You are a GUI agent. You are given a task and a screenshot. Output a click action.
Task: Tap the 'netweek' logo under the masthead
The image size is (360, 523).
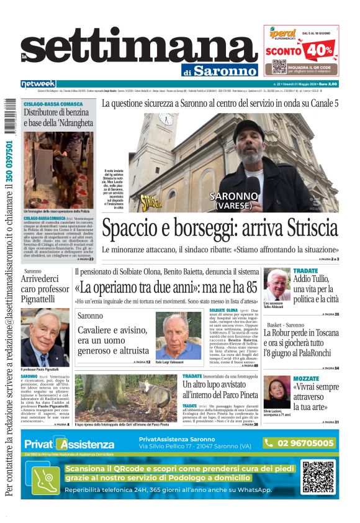pos(38,83)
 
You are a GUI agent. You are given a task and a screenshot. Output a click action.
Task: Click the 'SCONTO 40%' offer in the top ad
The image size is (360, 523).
pos(300,50)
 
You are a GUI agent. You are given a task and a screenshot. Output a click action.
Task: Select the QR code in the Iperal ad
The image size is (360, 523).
pos(279,67)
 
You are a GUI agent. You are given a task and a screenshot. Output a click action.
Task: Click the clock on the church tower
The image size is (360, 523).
pos(165,119)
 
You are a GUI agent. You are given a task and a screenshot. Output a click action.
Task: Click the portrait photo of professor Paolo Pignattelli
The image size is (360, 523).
pos(45,337)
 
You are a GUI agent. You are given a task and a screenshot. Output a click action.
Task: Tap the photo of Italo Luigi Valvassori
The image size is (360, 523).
pos(178,335)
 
